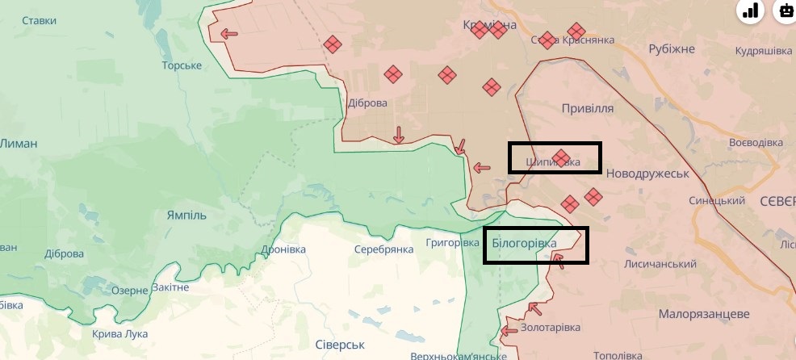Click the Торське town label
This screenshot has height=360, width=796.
click(x=182, y=65)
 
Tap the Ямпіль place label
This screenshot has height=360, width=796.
click(x=187, y=216)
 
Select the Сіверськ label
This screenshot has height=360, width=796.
click(x=341, y=345)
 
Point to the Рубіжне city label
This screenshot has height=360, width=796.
click(x=672, y=49)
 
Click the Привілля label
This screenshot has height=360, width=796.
click(x=588, y=107)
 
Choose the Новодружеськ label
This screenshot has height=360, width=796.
click(x=646, y=174)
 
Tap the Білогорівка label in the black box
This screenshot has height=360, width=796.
click(x=524, y=242)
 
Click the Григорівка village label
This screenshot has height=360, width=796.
click(x=453, y=242)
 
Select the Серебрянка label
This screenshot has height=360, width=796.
click(x=384, y=249)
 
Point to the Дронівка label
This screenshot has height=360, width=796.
click(x=283, y=249)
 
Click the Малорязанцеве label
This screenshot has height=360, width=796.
click(x=698, y=313)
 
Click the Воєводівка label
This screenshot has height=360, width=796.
click(x=756, y=142)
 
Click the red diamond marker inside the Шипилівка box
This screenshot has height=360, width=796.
click(x=562, y=157)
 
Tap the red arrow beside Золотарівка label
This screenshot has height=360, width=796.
click(x=534, y=308)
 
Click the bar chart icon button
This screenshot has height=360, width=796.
click(x=752, y=10)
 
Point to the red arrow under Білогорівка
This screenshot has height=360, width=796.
click(x=557, y=260)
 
